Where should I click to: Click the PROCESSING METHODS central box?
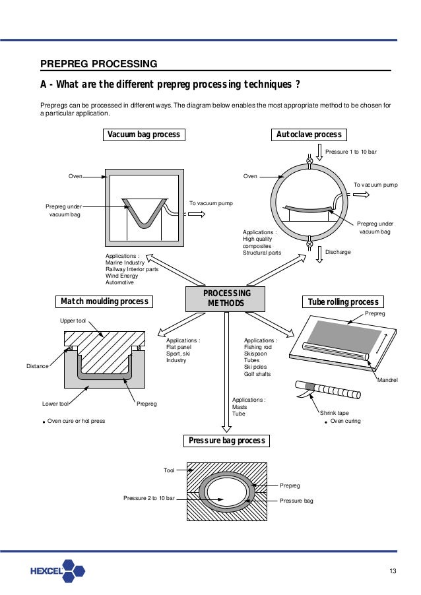pyautogui.click(x=226, y=299)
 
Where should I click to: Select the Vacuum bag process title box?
pyautogui.click(x=143, y=135)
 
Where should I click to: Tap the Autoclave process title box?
pyautogui.click(x=309, y=135)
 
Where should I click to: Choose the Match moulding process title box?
pyautogui.click(x=104, y=301)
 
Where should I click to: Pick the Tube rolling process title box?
pyautogui.click(x=344, y=302)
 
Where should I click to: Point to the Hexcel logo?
pyautogui.click(x=57, y=571)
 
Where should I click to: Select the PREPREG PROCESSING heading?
pyautogui.click(x=99, y=64)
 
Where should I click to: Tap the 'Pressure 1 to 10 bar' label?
pyautogui.click(x=353, y=152)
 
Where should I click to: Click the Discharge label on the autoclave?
pyautogui.click(x=337, y=252)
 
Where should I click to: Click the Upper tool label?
pyautogui.click(x=73, y=320)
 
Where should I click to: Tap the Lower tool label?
pyautogui.click(x=55, y=403)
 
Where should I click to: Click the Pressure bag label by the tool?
pyautogui.click(x=296, y=501)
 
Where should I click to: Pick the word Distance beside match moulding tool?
pyautogui.click(x=38, y=365)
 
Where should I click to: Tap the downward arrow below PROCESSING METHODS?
pyautogui.click(x=226, y=369)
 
